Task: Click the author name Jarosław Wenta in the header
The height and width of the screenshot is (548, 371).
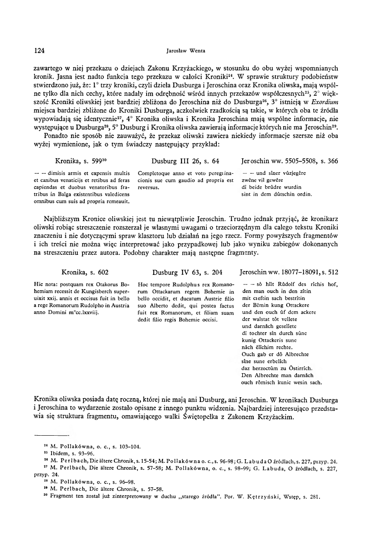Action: pos(186,51)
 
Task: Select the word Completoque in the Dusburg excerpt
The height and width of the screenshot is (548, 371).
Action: pos(151,173)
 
